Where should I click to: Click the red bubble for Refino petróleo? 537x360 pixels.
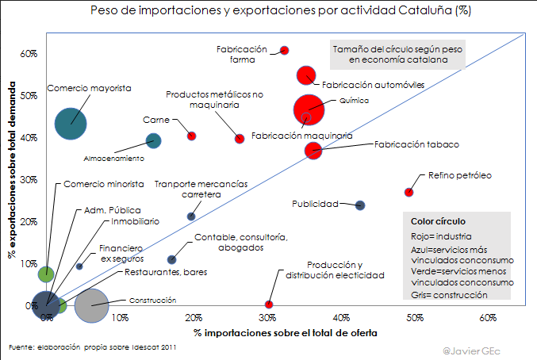pos(409,192)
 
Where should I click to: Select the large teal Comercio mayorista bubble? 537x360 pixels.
pos(71,123)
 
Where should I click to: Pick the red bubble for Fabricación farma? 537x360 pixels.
pos(285,51)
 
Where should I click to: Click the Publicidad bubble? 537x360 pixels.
pos(360,205)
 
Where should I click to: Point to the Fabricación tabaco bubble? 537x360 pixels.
pos(313,151)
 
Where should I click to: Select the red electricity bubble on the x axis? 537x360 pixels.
pos(269,304)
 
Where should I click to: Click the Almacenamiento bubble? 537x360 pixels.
pos(154,141)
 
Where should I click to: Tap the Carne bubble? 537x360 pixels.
pos(191,136)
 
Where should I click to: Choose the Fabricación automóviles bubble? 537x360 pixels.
pos(306,75)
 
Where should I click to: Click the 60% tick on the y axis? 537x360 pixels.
pos(29,54)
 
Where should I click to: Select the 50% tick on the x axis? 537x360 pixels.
pos(416,317)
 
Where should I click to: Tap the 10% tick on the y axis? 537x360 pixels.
pos(29,263)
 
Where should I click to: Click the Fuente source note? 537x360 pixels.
pos(91,347)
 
